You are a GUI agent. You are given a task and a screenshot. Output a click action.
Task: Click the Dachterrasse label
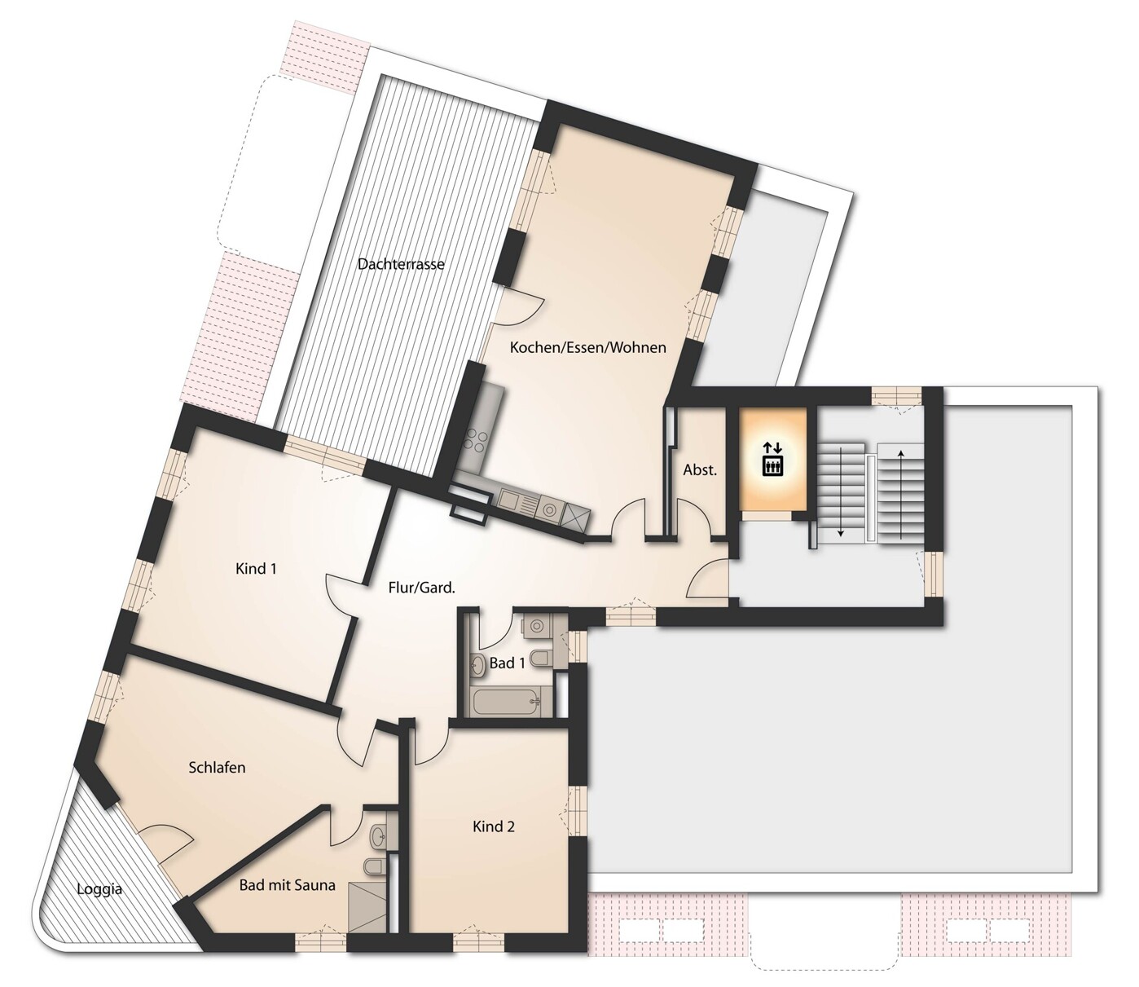point(401,264)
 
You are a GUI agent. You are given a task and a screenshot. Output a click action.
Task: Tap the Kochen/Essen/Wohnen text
point(587,347)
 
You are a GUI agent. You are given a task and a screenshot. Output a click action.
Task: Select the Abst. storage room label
point(700,470)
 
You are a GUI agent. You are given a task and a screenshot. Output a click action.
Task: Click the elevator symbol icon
point(772,459)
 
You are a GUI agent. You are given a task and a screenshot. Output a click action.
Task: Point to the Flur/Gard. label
point(421,587)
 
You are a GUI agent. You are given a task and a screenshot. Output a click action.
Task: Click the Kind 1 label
point(256,568)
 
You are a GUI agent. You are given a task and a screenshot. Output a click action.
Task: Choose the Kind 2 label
point(494,826)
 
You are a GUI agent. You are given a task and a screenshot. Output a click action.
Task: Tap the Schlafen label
point(217,767)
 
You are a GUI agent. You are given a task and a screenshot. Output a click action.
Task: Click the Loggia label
point(99,888)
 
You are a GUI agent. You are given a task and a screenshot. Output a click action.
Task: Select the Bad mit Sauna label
point(287,885)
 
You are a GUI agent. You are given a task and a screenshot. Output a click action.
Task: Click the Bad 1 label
point(507,663)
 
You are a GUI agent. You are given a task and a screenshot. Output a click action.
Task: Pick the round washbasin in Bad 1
point(478,664)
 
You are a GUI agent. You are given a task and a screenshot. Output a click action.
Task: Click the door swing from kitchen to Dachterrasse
point(521,308)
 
